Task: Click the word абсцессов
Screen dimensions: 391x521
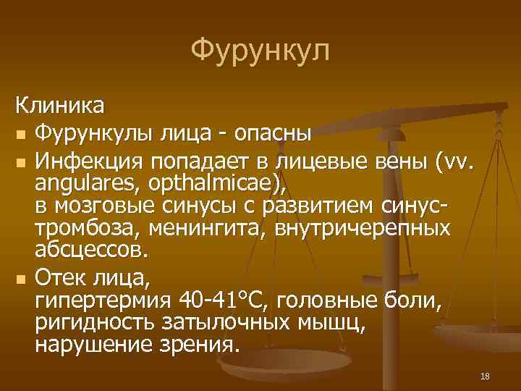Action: point(90,251)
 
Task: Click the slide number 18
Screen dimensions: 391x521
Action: point(485,375)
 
